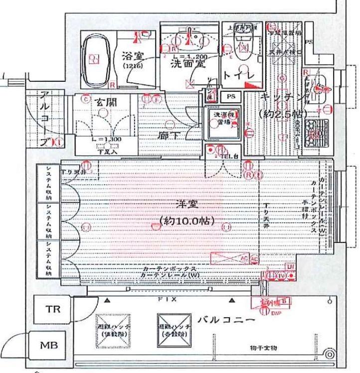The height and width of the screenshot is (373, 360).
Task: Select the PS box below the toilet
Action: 231,95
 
